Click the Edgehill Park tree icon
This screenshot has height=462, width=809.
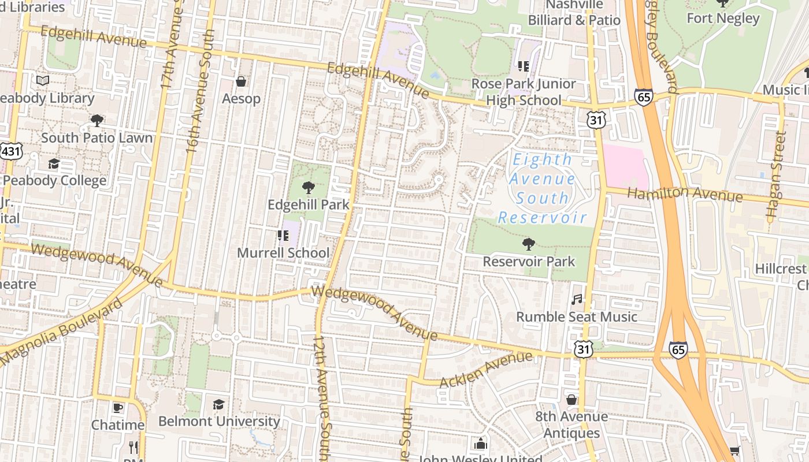[x=309, y=187]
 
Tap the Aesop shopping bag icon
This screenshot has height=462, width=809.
[x=241, y=81]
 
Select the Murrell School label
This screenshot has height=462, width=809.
[x=283, y=253]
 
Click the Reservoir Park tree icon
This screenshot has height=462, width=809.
[x=528, y=244]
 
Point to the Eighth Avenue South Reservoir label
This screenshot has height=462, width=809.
[x=542, y=188]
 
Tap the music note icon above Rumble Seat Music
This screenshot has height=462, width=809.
[x=576, y=300]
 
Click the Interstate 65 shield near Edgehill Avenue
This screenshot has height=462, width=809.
[x=643, y=96]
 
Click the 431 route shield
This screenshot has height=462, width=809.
[x=10, y=152]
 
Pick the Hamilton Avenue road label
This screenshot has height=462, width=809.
[x=685, y=195]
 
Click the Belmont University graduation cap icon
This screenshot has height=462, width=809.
[x=218, y=404]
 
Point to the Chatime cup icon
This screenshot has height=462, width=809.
[x=118, y=408]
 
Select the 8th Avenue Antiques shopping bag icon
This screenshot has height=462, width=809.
[x=571, y=400]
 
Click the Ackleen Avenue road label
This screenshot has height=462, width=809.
[x=485, y=370]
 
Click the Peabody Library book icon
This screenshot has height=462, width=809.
[x=43, y=81]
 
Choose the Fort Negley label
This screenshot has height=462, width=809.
[x=722, y=18]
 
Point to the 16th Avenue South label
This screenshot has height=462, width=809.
[x=200, y=92]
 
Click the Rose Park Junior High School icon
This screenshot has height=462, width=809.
[x=524, y=66]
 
